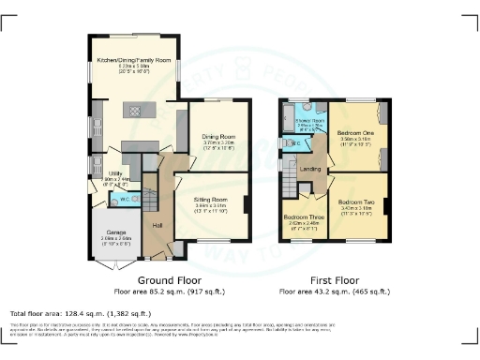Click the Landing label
311,169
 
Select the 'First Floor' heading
335,279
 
